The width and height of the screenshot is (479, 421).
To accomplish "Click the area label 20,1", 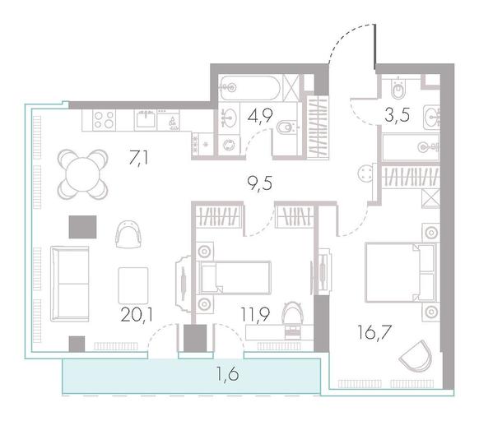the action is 137,314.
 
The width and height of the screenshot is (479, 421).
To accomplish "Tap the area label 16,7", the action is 374,332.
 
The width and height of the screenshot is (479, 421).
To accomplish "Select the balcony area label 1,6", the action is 228,373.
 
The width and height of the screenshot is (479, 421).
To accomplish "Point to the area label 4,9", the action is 260,115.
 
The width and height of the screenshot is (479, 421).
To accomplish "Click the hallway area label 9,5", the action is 259,184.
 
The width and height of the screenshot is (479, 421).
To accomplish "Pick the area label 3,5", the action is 398,115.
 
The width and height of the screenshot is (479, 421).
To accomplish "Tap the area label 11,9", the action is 255,314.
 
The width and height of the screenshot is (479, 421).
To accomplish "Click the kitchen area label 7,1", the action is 139,158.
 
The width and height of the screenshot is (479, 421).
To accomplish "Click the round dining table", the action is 83,174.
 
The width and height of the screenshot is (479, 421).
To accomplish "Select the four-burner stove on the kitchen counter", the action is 105,119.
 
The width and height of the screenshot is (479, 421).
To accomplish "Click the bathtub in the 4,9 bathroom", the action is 250,88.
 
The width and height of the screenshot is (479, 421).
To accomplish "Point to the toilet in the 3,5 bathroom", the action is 398,88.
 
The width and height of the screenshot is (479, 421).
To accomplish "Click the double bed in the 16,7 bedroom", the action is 400,272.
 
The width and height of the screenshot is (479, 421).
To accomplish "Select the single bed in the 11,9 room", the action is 235,278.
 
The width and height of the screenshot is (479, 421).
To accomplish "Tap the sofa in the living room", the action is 70,284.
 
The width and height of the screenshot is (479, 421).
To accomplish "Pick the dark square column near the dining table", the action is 83,227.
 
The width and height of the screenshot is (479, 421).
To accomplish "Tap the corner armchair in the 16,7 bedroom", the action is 416,356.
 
